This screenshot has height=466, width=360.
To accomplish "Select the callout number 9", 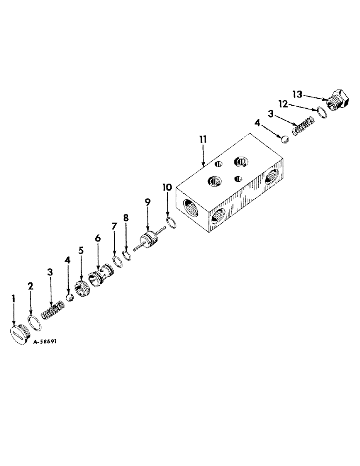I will [x=147, y=202].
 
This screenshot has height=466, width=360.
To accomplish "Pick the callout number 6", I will [x=97, y=238].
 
